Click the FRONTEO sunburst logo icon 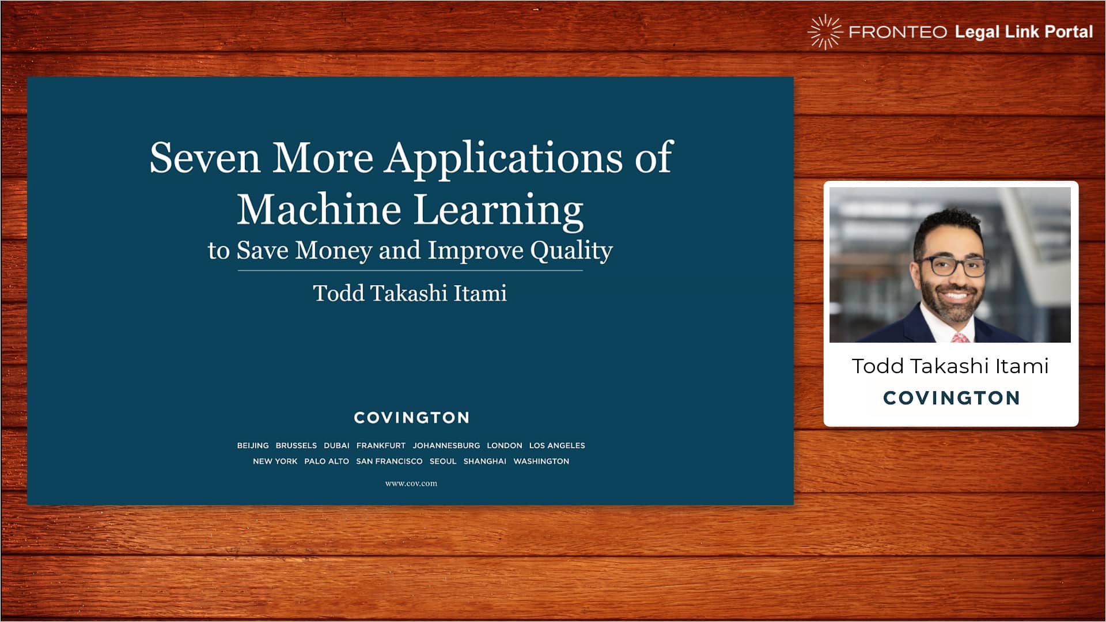pyautogui.click(x=825, y=32)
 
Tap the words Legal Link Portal pyautogui.click(x=1024, y=32)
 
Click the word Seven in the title pyautogui.click(x=205, y=158)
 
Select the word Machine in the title pyautogui.click(x=319, y=210)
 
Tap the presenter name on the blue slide pyautogui.click(x=410, y=293)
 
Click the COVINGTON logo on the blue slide pyautogui.click(x=412, y=418)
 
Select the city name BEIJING pyautogui.click(x=253, y=446)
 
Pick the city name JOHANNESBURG pyautogui.click(x=446, y=446)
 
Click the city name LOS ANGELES pyautogui.click(x=557, y=446)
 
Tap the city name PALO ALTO pyautogui.click(x=327, y=461)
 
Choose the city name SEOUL pyautogui.click(x=443, y=461)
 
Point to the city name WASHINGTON pyautogui.click(x=541, y=461)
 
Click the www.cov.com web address pyautogui.click(x=411, y=484)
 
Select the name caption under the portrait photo pyautogui.click(x=950, y=366)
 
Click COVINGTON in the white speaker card pyautogui.click(x=952, y=398)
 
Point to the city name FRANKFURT pyautogui.click(x=381, y=446)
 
